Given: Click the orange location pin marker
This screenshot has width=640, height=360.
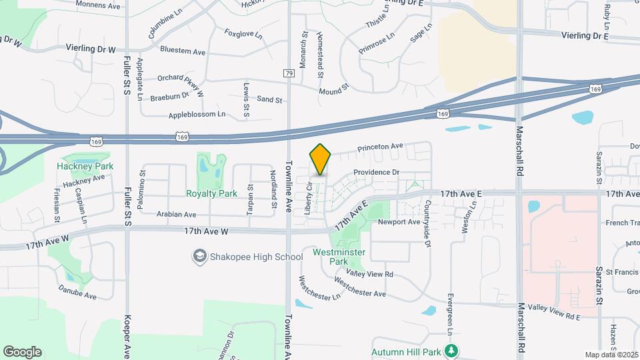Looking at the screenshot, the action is point(321,159).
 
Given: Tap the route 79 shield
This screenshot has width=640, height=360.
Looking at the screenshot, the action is point(289,73).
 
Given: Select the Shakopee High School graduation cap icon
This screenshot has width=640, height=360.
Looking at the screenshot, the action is point(199,256).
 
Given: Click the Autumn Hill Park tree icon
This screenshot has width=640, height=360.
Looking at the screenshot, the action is point(452,350).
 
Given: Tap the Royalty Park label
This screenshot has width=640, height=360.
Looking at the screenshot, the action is point(212,194).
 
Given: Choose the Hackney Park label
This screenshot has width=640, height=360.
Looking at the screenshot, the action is point(85,166).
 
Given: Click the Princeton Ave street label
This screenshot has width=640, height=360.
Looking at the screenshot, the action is point(381,147).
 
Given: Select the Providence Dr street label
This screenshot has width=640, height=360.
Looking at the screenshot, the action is point(376,172).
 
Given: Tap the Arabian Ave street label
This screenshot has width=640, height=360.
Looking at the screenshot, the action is point(177,215).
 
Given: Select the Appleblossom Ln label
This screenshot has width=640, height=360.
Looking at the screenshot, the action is point(197,115).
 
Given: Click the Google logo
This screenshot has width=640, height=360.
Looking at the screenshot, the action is point(22,351).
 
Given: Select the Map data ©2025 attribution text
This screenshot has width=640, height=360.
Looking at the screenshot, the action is point(611,355).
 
